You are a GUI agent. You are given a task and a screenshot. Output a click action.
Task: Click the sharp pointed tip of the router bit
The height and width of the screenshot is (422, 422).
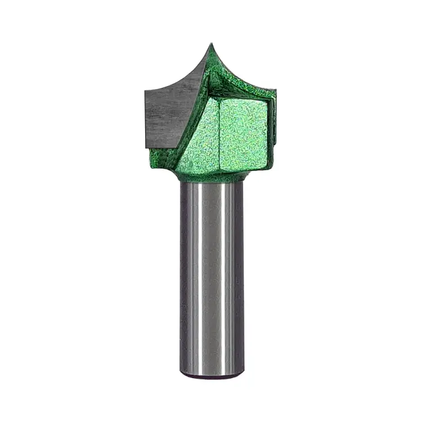click(x=212, y=45)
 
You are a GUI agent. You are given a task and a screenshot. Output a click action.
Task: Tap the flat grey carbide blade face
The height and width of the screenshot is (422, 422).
click(x=166, y=115)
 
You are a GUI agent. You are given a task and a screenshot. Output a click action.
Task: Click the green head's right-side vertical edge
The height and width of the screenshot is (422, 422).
click(x=275, y=129)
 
